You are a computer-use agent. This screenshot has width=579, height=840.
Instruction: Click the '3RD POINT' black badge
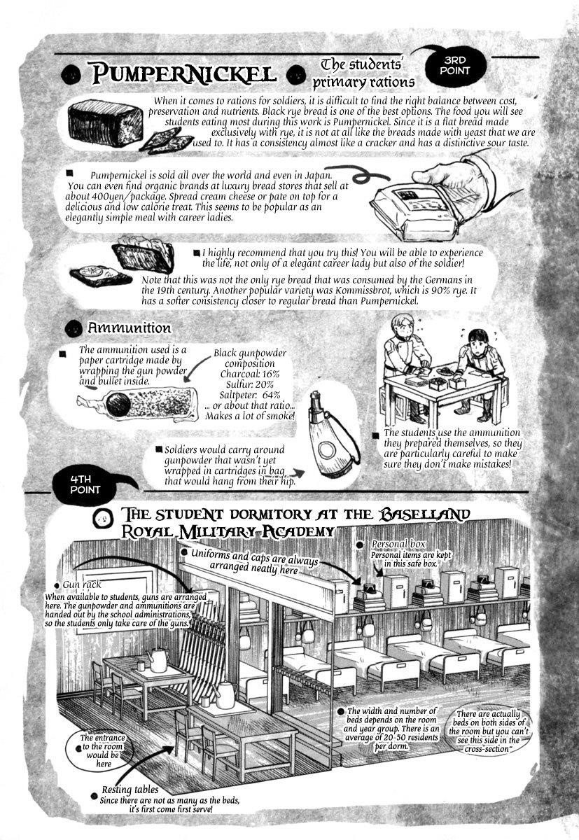454,66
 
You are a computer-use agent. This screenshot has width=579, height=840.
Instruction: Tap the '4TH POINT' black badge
85,485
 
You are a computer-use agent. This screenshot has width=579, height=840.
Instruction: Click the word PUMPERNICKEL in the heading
183,73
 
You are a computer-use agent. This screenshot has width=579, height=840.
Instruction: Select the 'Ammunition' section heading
129,328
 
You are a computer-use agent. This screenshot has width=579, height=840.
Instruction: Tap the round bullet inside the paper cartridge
118,404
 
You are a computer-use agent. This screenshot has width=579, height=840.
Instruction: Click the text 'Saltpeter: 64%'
250,395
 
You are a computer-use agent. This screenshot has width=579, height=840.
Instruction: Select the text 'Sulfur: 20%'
250,384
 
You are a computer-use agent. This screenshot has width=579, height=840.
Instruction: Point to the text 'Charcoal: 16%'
250,374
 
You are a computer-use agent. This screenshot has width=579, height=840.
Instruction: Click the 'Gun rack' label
82,584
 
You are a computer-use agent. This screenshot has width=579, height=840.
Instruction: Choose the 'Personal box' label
398,544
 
